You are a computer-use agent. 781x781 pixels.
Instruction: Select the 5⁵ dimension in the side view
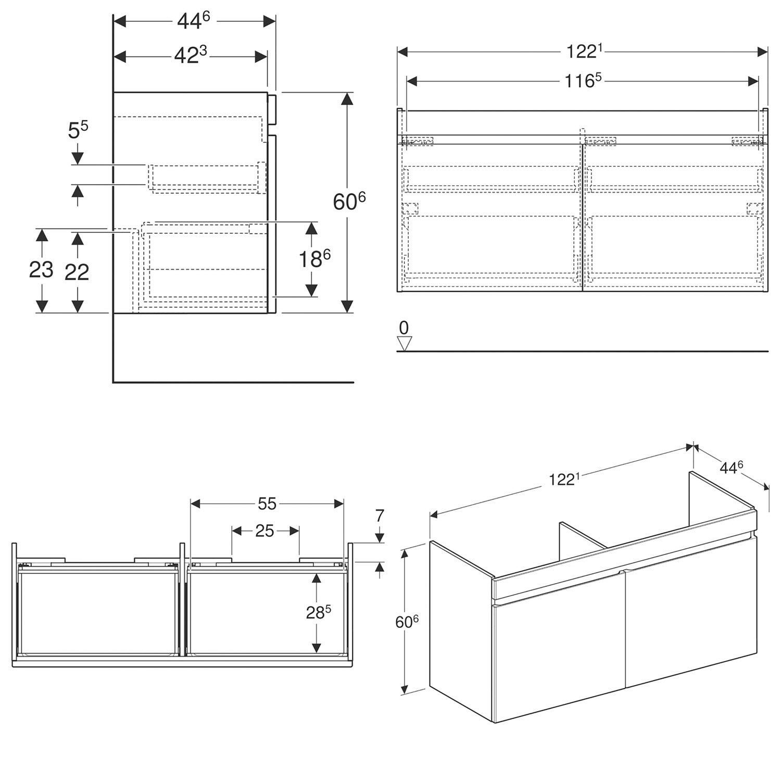pos(78,131)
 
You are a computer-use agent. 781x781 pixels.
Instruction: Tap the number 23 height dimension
pos(41,270)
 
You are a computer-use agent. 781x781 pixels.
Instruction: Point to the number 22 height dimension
pos(77,272)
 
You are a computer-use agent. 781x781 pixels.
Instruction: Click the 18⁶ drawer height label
pos(314,259)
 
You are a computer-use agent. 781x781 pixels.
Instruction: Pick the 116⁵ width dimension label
pos(583,81)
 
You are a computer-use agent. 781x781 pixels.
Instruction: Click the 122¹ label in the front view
pos(584,51)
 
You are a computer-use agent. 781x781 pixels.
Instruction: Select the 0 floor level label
pos(404,327)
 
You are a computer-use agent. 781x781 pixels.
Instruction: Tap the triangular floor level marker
pos(405,343)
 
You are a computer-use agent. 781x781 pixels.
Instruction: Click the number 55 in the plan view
pos(267,503)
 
